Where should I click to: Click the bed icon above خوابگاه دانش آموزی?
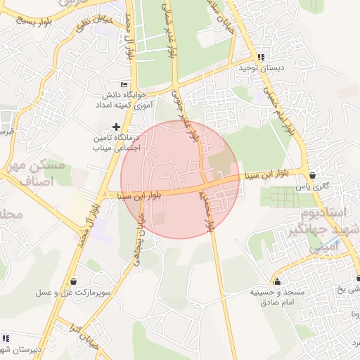[125, 84]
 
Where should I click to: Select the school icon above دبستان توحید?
[261, 57]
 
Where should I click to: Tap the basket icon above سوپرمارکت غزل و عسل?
[75, 281]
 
